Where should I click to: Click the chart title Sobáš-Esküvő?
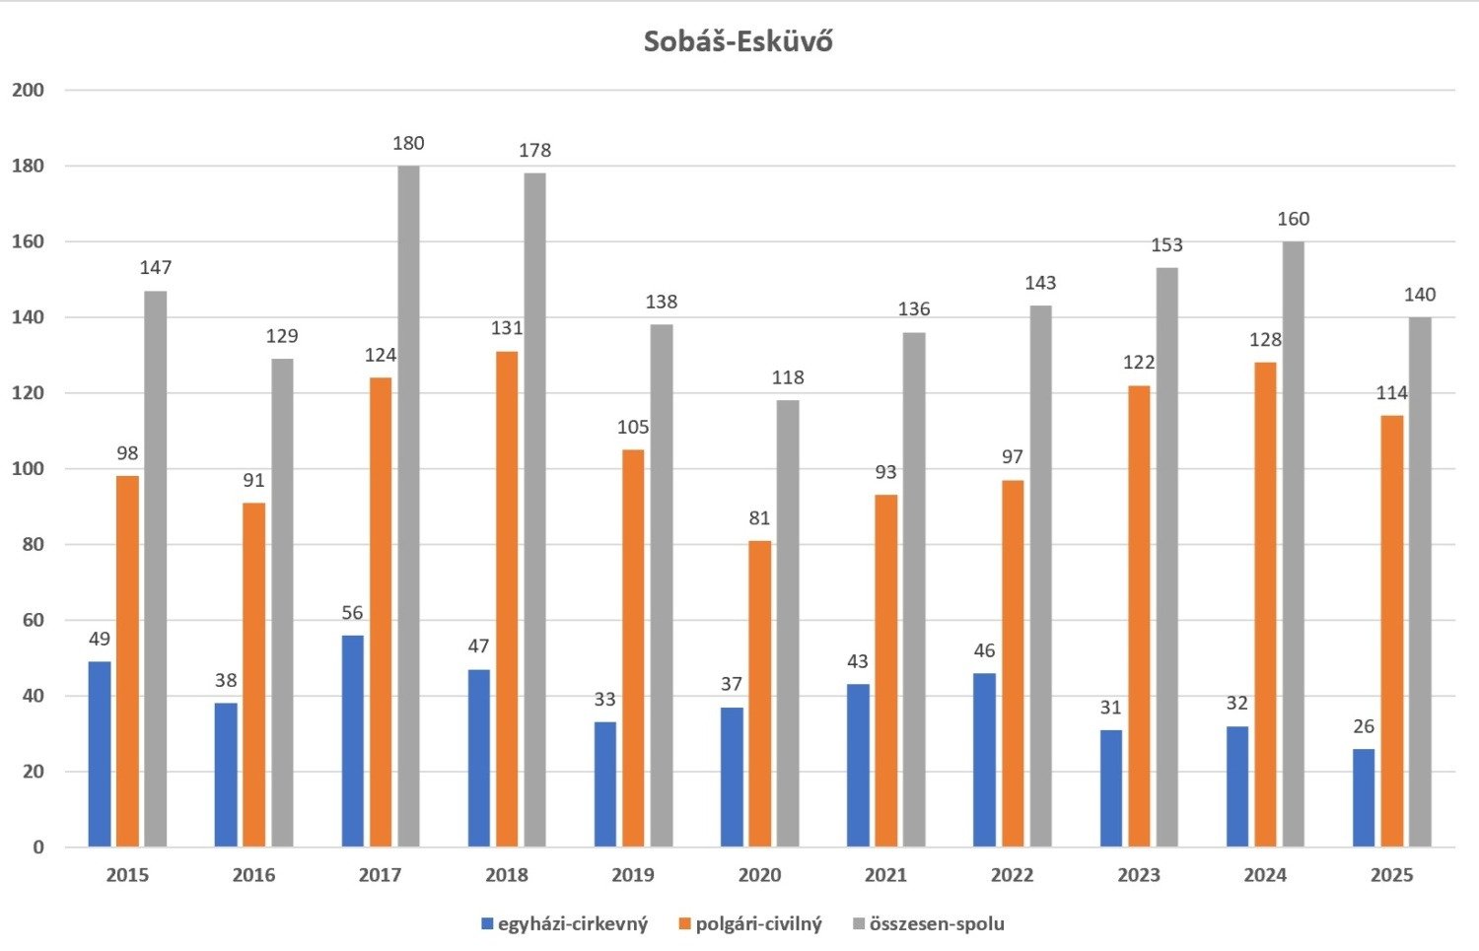tap(738, 41)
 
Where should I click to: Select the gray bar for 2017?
tap(408, 507)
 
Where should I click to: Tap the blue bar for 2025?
tap(1364, 798)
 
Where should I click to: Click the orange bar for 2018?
tap(507, 599)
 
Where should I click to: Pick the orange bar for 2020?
tap(759, 694)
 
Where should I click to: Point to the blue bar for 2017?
tap(352, 741)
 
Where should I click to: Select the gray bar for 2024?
tap(1293, 544)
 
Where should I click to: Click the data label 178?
tap(534, 151)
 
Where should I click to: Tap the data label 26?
tap(1364, 727)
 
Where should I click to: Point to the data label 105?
tap(633, 428)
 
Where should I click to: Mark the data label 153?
tap(1166, 245)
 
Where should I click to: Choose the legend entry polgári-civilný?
tap(757, 924)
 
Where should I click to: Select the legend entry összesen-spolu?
tap(936, 924)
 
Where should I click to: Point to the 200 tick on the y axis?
tap(28, 91)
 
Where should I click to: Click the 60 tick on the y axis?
tap(32, 621)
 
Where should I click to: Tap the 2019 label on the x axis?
tap(633, 875)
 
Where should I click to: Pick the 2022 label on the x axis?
tap(1012, 875)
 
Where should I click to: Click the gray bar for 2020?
tap(788, 624)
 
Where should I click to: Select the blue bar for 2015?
tap(100, 754)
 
